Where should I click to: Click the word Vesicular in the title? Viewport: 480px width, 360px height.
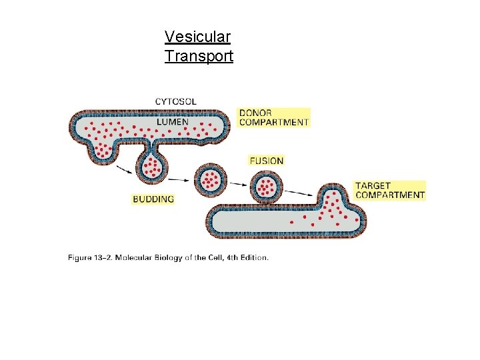coord(197,37)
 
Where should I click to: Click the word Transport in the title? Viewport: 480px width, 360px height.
coord(199,56)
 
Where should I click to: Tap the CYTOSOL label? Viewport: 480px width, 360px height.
coord(176,101)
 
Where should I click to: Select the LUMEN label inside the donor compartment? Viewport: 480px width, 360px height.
coord(173,122)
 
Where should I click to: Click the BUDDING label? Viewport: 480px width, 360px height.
coord(153,199)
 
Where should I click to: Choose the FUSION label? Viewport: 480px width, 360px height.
coord(266,161)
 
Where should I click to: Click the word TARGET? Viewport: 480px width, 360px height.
coord(373,185)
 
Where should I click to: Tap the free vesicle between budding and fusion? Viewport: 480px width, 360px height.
coord(211,179)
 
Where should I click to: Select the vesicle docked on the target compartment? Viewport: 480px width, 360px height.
coord(266,186)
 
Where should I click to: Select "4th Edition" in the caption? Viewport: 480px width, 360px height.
coord(249,257)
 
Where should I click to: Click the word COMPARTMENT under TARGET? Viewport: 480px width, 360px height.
coord(390,195)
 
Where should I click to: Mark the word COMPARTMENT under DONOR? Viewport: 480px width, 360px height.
coord(274,122)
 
